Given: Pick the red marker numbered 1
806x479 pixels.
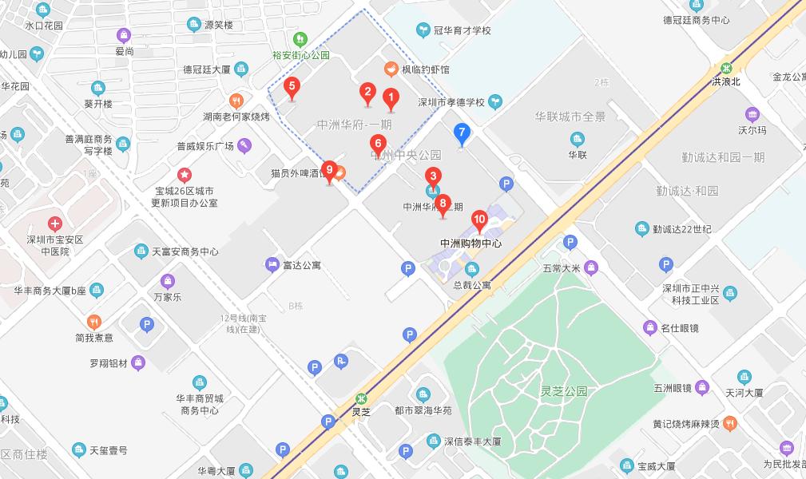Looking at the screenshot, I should coord(391,98).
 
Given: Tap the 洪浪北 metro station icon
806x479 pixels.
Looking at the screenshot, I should coord(727,68).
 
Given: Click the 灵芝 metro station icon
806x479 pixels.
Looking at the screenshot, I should coord(362,398).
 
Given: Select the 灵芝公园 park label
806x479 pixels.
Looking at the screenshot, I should coord(563,391).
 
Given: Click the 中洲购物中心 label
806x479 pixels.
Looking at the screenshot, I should coord(470,243).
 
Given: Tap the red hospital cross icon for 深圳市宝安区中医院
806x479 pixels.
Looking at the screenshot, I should coord(54,224).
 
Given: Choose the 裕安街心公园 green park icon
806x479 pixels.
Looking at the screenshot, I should coord(300,38).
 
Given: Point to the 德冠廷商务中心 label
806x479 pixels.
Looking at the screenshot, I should coord(697,20).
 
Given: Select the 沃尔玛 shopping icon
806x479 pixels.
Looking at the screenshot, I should coord(752,114).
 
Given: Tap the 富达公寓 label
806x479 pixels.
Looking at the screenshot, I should coord(301,264).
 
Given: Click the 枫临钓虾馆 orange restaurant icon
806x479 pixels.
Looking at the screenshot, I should coord(391,69).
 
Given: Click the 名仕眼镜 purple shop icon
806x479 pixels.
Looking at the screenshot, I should coord(650,327).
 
